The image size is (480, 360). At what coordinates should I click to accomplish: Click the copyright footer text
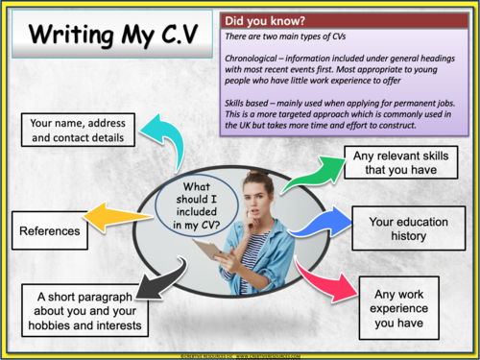(240, 353)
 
